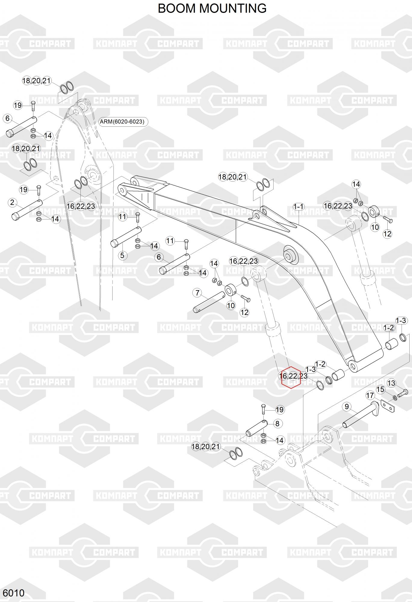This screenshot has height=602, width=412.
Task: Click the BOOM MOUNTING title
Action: pyautogui.click(x=212, y=8)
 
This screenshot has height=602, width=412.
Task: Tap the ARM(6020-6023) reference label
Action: pyautogui.click(x=122, y=122)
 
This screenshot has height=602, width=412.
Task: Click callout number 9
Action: pyautogui.click(x=347, y=407)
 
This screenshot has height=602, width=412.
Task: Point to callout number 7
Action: pyautogui.click(x=197, y=293)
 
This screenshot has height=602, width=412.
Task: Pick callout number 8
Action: pyautogui.click(x=277, y=424)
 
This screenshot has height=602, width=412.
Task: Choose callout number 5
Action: pyautogui.click(x=122, y=256)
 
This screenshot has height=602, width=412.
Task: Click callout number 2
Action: pyautogui.click(x=12, y=202)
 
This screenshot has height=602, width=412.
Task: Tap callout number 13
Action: pyautogui.click(x=391, y=383)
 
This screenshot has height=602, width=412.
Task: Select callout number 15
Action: pyautogui.click(x=381, y=389)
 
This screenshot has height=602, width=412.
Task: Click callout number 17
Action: pyautogui.click(x=370, y=395)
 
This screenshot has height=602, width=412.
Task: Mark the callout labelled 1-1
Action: pyautogui.click(x=299, y=207)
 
